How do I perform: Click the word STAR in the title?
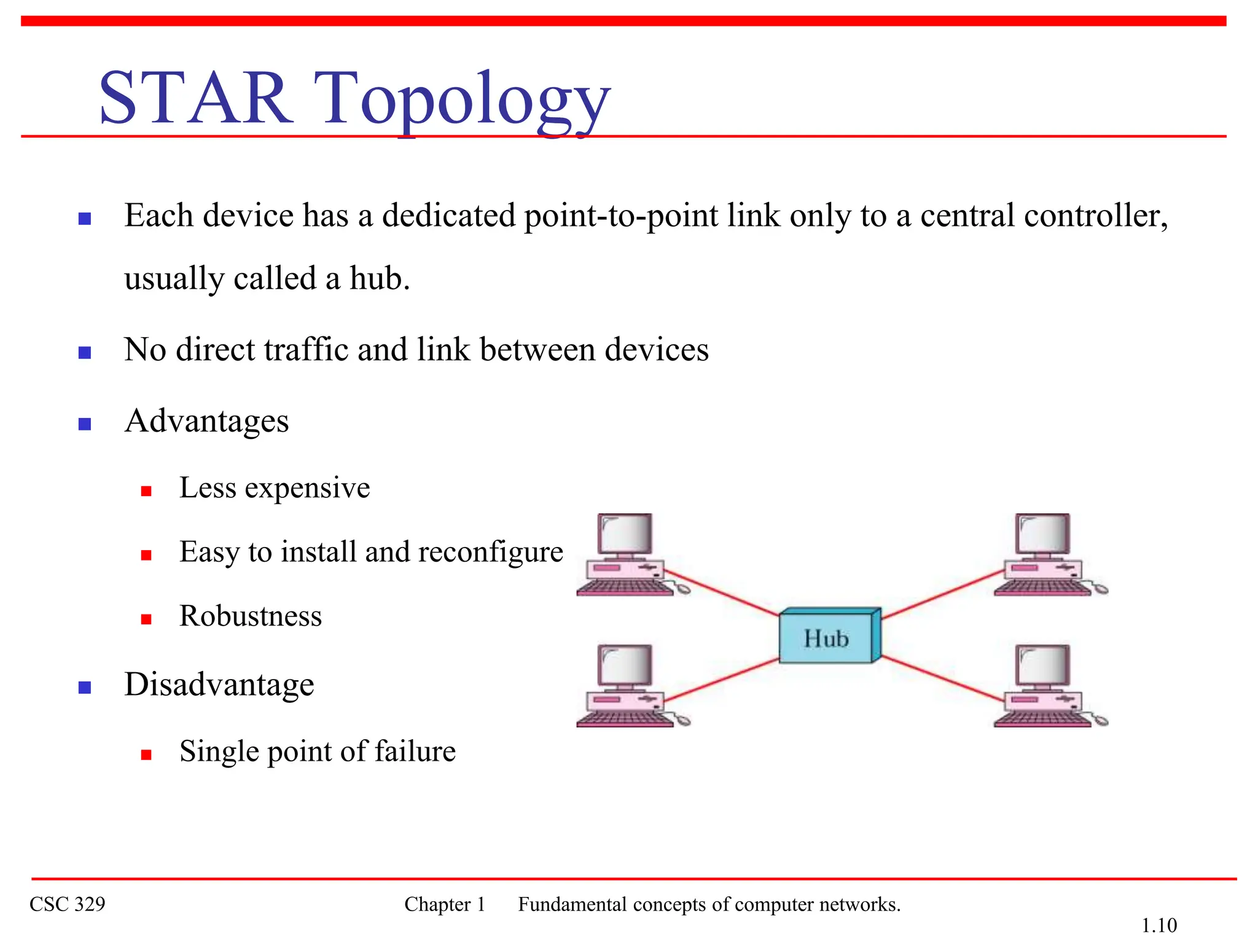click(x=195, y=98)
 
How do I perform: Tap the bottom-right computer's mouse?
click(x=1101, y=720)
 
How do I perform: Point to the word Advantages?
click(x=206, y=421)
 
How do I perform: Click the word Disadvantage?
click(x=219, y=685)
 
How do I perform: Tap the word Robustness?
click(x=250, y=616)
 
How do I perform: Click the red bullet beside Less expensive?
click(x=146, y=491)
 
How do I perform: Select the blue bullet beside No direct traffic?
click(x=85, y=352)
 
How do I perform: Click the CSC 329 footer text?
click(x=68, y=904)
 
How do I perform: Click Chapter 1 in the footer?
click(x=445, y=904)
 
